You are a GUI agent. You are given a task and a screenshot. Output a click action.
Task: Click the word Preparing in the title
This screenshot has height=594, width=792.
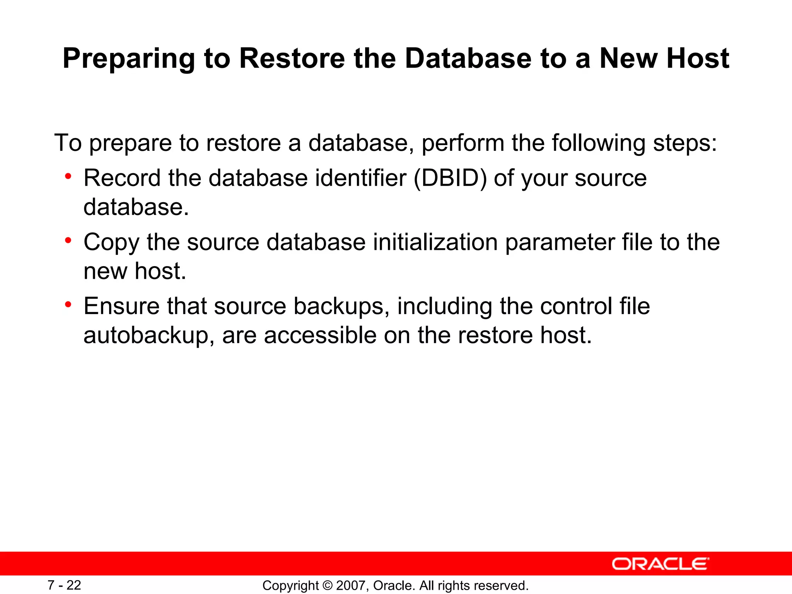[x=129, y=59]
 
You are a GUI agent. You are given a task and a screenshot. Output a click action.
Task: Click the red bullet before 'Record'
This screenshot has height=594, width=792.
[x=68, y=177]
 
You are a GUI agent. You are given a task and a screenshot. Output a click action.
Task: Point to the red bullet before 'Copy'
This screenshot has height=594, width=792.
[x=68, y=241]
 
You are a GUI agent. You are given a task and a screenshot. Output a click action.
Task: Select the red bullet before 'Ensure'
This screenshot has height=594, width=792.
[x=68, y=305]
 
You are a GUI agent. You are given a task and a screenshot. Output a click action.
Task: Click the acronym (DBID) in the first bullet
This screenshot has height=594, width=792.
[x=450, y=178]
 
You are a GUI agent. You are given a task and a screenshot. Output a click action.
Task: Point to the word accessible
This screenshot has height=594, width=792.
[x=320, y=335]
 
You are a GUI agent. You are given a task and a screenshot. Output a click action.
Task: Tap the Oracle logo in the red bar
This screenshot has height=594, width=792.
[x=661, y=564]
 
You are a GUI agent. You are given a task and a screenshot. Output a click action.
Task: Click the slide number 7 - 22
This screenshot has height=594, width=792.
[x=64, y=585]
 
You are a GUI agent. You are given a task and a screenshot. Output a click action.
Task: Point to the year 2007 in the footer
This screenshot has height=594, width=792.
[x=350, y=585]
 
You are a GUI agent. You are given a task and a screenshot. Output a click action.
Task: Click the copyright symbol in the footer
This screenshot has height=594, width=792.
[x=327, y=585]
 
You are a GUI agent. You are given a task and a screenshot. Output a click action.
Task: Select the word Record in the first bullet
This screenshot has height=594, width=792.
[x=122, y=178]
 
